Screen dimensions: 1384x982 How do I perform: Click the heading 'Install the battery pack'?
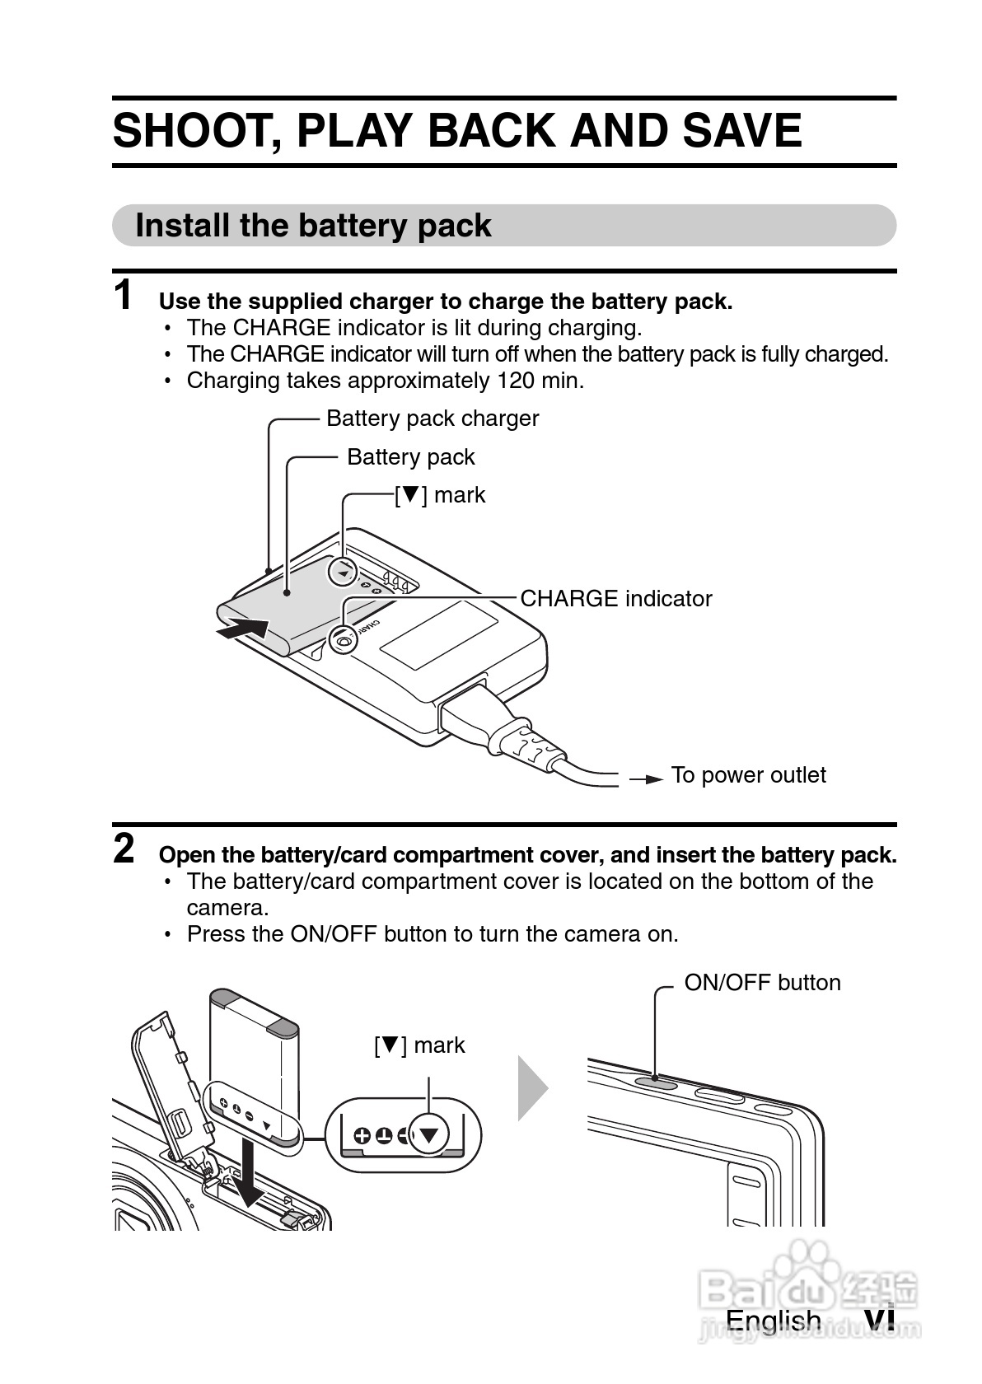[313, 226]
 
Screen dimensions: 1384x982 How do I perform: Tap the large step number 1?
[123, 296]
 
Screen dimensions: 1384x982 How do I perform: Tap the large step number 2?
[124, 849]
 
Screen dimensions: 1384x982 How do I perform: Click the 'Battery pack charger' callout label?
[433, 418]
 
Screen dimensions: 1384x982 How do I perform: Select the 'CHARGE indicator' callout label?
[616, 599]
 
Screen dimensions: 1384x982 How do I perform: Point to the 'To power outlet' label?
[748, 775]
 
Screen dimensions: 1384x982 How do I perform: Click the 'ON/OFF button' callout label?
[762, 983]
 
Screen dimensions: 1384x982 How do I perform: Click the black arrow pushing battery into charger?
[242, 629]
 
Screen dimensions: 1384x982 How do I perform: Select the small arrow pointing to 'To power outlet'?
[647, 779]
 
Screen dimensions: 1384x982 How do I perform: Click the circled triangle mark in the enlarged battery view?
[428, 1136]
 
